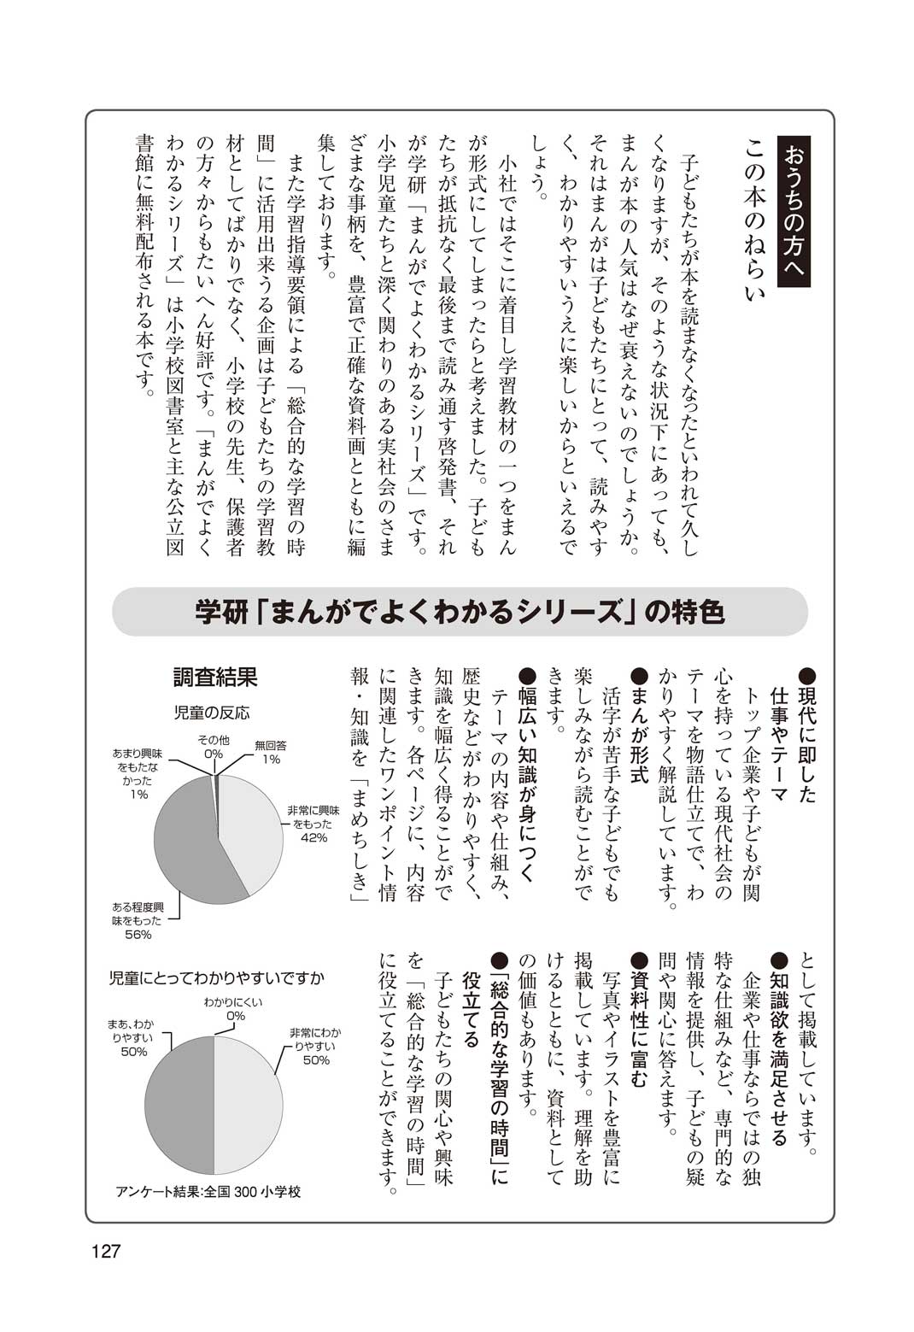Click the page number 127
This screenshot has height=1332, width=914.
pos(107,1252)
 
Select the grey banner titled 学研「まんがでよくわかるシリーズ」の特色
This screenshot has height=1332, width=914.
pos(460,612)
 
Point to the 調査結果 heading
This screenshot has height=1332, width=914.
pos(216,678)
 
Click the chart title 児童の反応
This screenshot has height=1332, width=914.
pos(213,713)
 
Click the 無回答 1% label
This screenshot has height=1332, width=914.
pos(271,752)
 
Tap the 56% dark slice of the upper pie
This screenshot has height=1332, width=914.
pos(184,846)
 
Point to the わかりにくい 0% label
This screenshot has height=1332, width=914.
pos(234,1009)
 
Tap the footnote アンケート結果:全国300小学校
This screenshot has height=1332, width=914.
pos(208,1191)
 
